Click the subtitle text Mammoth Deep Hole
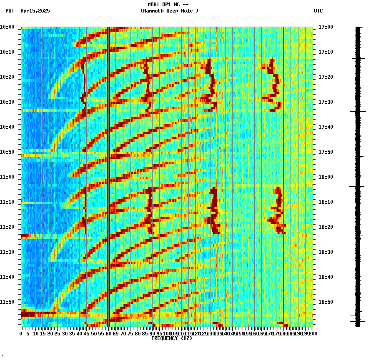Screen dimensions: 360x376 coord(169,11)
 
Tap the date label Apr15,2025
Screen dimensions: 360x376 coord(35,11)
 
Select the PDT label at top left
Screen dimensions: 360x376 coord(10,11)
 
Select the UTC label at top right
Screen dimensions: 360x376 coord(318,11)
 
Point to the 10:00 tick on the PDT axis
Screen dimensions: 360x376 coord(7,27)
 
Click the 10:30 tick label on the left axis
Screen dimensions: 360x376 coord(7,102)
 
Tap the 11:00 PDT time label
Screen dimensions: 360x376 coord(7,177)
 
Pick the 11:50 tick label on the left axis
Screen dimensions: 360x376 coord(7,302)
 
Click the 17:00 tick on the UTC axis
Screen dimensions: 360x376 coord(326,27)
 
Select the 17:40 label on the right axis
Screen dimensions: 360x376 coord(326,127)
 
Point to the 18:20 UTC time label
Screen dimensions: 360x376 coord(326,227)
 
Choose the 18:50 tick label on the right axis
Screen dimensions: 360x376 coord(326,302)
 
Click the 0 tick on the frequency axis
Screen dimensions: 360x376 coord(21,333)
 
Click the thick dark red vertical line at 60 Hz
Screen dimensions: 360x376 coord(108,167)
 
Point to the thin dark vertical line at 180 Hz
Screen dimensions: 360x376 coord(283,167)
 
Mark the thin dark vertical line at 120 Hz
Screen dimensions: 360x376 coord(196,167)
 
